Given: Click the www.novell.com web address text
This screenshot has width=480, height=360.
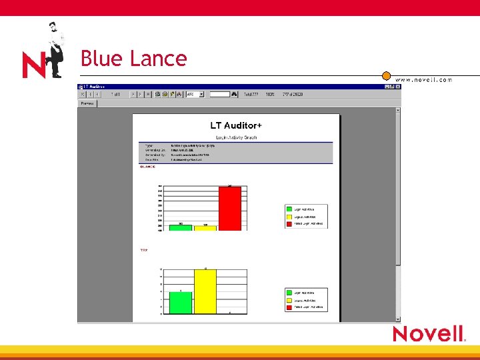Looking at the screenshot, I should pos(423,80).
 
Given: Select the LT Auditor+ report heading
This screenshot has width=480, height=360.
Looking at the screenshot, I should pos(236,125).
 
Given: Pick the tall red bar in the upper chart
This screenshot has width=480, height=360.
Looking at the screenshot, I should pos(230,208).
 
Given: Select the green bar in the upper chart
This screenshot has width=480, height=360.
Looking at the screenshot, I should pos(181,227).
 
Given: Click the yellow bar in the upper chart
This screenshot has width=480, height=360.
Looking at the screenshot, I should pos(205,228).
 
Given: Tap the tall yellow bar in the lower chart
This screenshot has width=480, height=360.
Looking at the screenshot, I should pos(205,291).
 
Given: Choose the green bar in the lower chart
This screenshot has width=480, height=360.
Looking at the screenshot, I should pos(181,303).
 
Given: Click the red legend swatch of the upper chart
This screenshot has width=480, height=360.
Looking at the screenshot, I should pos(289,223).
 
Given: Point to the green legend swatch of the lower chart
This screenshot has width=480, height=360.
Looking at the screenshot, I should pos(289,293).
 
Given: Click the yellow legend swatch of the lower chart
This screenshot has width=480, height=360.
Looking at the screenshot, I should pos(289,300).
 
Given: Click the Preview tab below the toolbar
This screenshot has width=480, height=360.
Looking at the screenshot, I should pos(87,103).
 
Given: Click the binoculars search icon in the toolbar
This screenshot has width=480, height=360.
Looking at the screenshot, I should pos(235,95).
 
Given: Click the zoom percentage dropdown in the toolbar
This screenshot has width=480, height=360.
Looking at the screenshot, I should pos(195,95).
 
